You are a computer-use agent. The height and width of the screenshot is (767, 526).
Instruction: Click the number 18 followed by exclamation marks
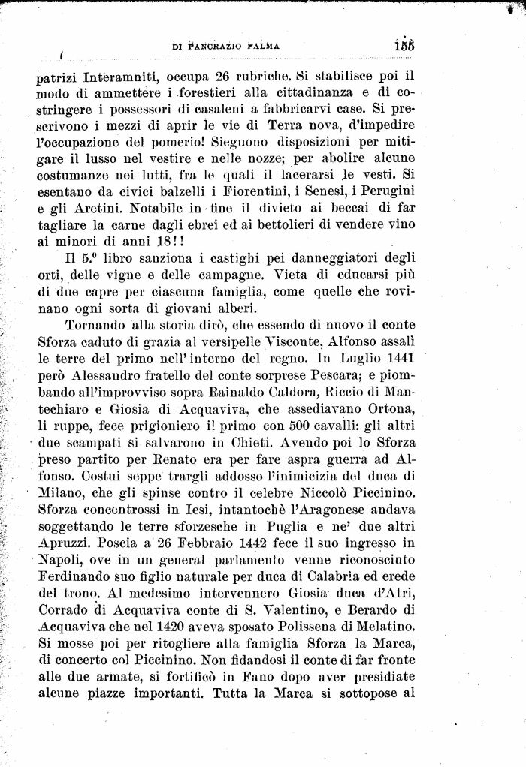pyautogui.click(x=160, y=242)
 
